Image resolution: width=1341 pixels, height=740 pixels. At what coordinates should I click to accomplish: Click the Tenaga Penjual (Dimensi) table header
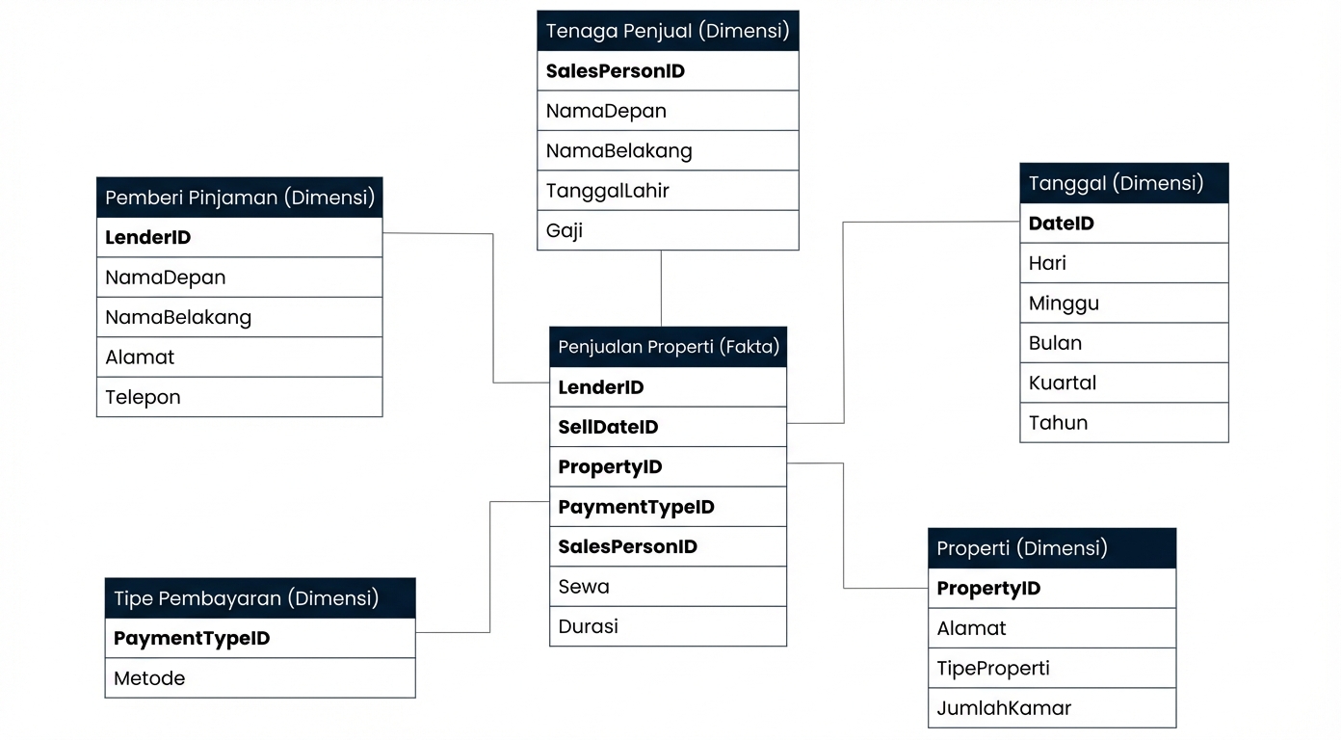tap(667, 31)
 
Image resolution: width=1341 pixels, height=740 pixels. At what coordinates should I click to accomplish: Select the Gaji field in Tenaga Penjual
tap(667, 230)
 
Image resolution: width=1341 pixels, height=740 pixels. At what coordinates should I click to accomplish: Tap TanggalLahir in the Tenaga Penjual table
tap(667, 191)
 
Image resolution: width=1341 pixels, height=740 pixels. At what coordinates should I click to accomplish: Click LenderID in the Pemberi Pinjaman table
tap(239, 237)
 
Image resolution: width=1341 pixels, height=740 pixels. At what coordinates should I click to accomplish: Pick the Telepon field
tap(239, 397)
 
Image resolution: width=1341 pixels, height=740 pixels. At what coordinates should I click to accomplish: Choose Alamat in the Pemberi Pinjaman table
tap(239, 357)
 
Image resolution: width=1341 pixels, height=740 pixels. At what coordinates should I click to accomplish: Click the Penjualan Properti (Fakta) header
tap(668, 347)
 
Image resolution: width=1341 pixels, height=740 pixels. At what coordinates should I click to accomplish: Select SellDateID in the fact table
tap(668, 427)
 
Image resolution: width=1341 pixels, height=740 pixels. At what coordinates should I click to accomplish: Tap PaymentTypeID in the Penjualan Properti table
tap(668, 507)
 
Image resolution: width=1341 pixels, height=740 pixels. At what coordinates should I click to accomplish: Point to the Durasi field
tap(668, 626)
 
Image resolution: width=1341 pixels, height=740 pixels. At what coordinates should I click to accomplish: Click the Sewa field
tap(668, 586)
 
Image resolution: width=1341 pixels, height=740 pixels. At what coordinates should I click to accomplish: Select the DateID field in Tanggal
tap(1123, 224)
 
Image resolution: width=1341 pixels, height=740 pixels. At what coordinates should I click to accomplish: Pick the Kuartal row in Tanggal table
tap(1123, 383)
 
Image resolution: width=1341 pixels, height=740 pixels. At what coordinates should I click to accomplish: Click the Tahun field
tap(1123, 423)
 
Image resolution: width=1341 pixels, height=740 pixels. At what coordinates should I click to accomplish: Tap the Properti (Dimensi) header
tap(1051, 548)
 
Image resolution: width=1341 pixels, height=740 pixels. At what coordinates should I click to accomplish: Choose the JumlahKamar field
tap(1051, 708)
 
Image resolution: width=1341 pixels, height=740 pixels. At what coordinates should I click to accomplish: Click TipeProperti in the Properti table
tap(1051, 669)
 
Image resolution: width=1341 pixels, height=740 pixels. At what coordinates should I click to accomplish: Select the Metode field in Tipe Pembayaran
tap(259, 678)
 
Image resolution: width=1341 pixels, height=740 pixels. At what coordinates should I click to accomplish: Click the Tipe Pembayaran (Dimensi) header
tap(259, 598)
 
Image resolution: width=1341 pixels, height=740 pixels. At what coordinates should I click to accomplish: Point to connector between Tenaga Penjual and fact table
tap(661, 288)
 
